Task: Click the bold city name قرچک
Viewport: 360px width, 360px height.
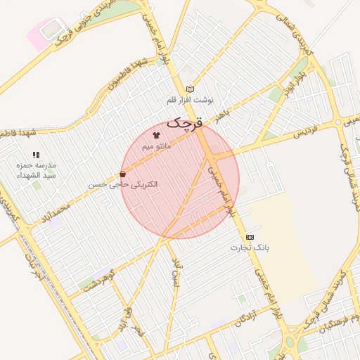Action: pos(186,124)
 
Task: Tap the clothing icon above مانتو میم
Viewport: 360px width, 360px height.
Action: pos(156,134)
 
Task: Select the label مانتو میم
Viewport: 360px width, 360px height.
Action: pos(156,146)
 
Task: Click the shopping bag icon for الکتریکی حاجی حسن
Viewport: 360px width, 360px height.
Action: pos(123,174)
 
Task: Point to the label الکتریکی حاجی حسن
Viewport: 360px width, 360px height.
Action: pos(123,184)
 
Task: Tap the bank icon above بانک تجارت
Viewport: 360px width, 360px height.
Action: pos(250,238)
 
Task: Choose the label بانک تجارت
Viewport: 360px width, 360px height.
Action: pos(250,248)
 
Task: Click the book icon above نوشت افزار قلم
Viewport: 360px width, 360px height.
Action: pos(190,89)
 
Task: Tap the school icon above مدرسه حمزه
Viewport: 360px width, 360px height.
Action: pos(36,154)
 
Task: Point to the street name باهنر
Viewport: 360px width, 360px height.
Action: pos(222,112)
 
